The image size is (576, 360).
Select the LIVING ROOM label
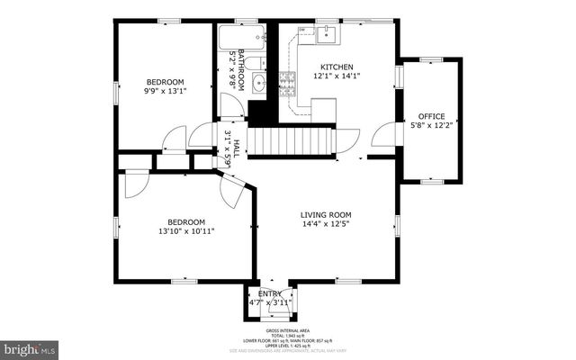[x=326, y=215]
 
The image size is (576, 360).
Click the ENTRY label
[x=270, y=294]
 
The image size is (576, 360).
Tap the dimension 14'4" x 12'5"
[x=326, y=225]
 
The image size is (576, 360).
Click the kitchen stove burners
[x=289, y=84]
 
